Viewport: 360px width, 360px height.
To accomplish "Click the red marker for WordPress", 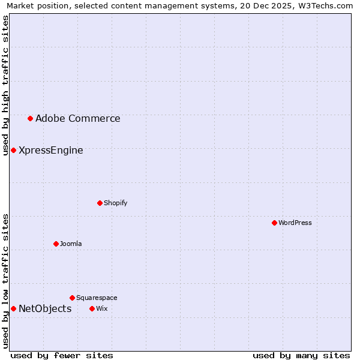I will (274, 223).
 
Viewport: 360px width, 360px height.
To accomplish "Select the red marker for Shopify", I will (100, 203).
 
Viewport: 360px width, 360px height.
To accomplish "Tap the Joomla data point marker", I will (56, 244).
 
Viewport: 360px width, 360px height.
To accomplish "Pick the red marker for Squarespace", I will (72, 298).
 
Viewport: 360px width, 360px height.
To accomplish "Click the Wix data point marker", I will (92, 308).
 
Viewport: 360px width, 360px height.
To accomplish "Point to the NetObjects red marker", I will (13, 308).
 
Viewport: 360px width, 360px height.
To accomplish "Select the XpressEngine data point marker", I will (13, 150).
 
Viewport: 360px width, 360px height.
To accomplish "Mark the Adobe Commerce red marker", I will (30, 118).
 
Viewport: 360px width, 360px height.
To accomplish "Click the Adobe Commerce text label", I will (78, 119).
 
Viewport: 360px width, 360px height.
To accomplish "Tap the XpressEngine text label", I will (51, 151).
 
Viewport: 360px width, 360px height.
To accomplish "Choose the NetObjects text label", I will (45, 309).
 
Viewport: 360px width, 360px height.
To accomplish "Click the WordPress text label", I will (295, 223).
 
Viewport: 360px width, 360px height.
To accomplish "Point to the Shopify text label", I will (116, 203).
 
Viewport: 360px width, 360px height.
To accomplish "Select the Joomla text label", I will (71, 244).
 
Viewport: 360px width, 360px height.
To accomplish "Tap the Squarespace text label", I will (97, 298).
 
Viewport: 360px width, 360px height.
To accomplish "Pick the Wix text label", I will (101, 309).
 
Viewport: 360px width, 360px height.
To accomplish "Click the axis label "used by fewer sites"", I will (62, 355).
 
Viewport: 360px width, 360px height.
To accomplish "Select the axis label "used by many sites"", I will (301, 355).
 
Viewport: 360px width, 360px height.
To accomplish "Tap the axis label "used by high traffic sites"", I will (5, 85).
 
